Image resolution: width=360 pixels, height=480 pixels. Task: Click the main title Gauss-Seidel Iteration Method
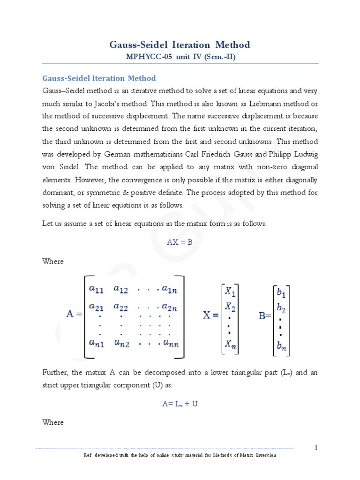coord(180,45)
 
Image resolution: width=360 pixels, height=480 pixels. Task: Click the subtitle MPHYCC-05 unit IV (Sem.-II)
coord(180,57)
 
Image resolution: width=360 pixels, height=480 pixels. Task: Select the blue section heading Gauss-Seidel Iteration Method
coord(99,78)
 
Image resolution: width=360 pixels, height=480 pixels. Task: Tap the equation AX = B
coord(180,242)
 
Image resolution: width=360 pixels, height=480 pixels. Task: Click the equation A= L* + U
coord(180,404)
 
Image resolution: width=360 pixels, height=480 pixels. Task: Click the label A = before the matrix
coord(74,315)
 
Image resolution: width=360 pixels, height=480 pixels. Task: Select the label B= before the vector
coord(265,316)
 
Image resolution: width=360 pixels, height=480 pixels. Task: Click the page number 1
coord(316,448)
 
